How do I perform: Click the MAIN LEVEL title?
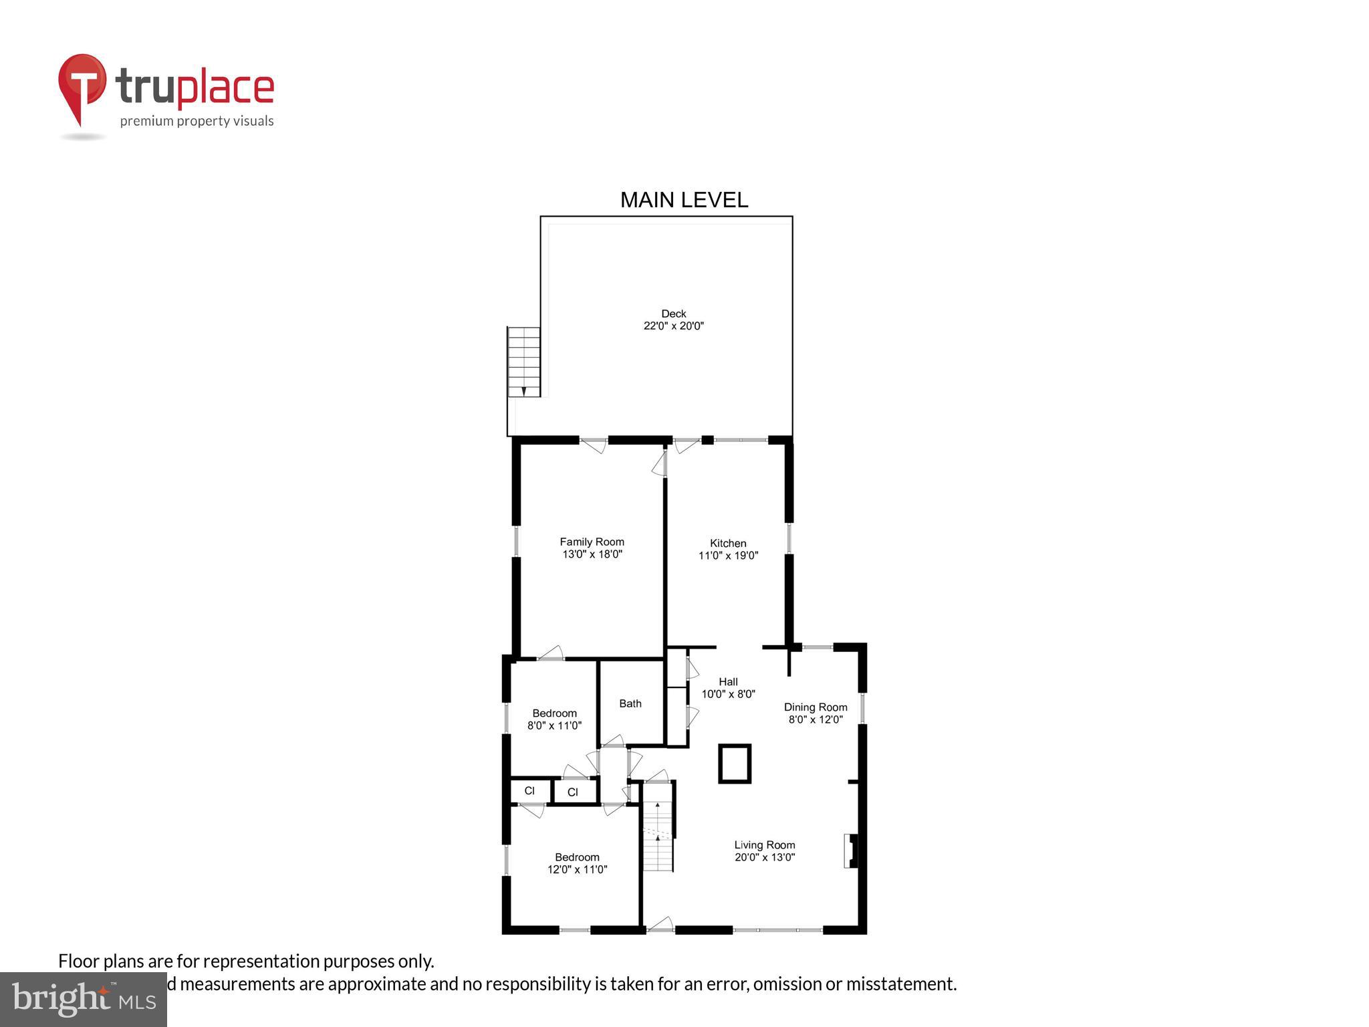point(684,200)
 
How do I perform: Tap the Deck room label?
point(673,314)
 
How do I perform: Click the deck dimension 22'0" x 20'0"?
point(673,326)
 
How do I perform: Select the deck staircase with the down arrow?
point(524,362)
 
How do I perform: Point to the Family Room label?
point(592,542)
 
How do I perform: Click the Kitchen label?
point(728,544)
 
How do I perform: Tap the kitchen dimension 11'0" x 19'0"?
point(728,556)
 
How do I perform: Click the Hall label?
point(728,682)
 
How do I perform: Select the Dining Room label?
point(815,707)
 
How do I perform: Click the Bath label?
point(630,703)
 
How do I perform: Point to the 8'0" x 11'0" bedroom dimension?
point(554,725)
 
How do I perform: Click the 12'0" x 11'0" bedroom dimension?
point(577,869)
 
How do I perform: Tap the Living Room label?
point(764,845)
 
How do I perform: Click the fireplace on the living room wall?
point(851,850)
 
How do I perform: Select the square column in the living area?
point(735,763)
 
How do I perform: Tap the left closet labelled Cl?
point(529,791)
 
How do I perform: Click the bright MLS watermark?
point(84,999)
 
